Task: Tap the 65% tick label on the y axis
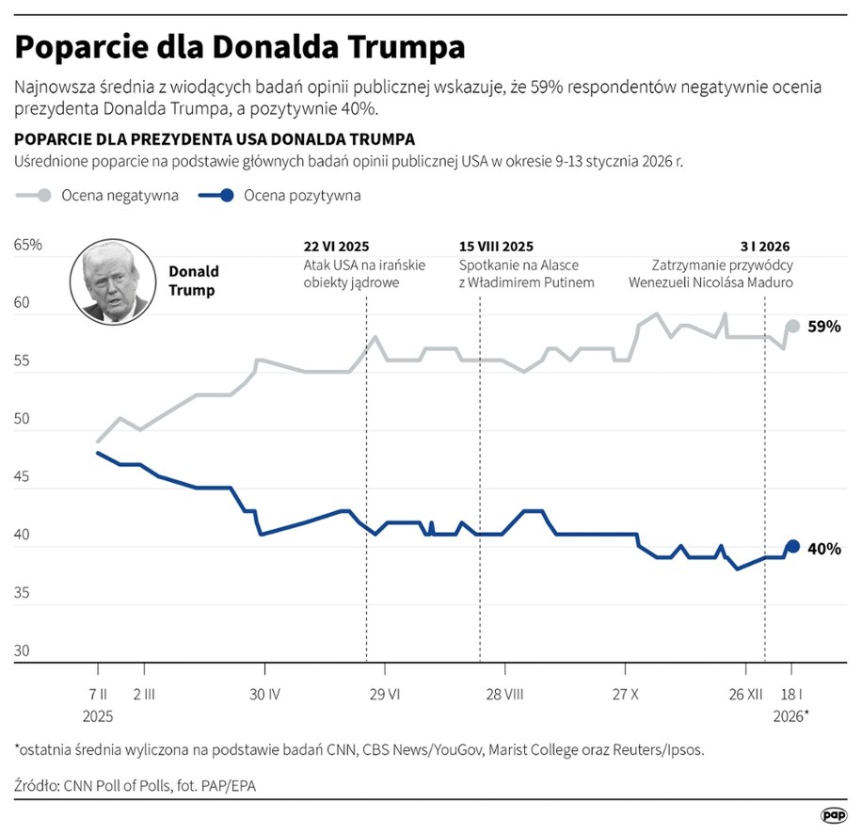[28, 245]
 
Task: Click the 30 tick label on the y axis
[23, 650]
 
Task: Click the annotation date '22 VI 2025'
[336, 246]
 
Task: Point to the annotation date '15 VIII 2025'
[496, 246]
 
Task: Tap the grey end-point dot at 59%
[792, 326]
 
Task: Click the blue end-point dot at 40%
[792, 546]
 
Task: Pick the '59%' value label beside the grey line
[824, 327]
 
